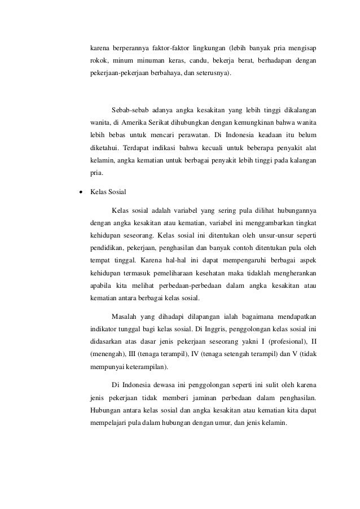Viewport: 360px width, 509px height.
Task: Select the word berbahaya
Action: [163, 73]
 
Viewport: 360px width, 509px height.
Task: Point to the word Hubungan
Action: [107, 412]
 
